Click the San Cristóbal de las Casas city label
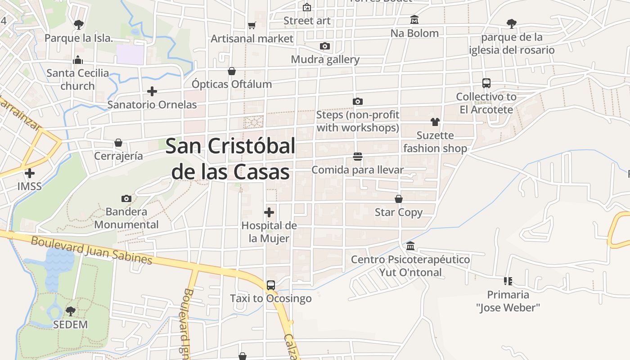[230, 159]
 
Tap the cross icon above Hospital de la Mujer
[269, 212]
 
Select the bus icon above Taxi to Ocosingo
[270, 285]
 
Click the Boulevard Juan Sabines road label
[92, 250]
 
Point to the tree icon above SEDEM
[71, 311]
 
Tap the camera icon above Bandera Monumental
[126, 198]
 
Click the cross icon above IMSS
[30, 173]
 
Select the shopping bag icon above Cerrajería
[118, 143]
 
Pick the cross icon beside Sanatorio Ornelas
[152, 91]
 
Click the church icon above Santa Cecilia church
[78, 59]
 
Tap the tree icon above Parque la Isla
[79, 24]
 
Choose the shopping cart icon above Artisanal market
[252, 26]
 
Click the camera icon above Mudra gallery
[325, 46]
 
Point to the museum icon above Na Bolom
[414, 20]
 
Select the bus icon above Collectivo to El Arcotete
[486, 83]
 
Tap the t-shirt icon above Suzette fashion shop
[435, 121]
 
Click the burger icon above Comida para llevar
[358, 157]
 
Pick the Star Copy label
[399, 212]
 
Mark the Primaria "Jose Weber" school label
[508, 301]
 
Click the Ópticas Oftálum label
[232, 84]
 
